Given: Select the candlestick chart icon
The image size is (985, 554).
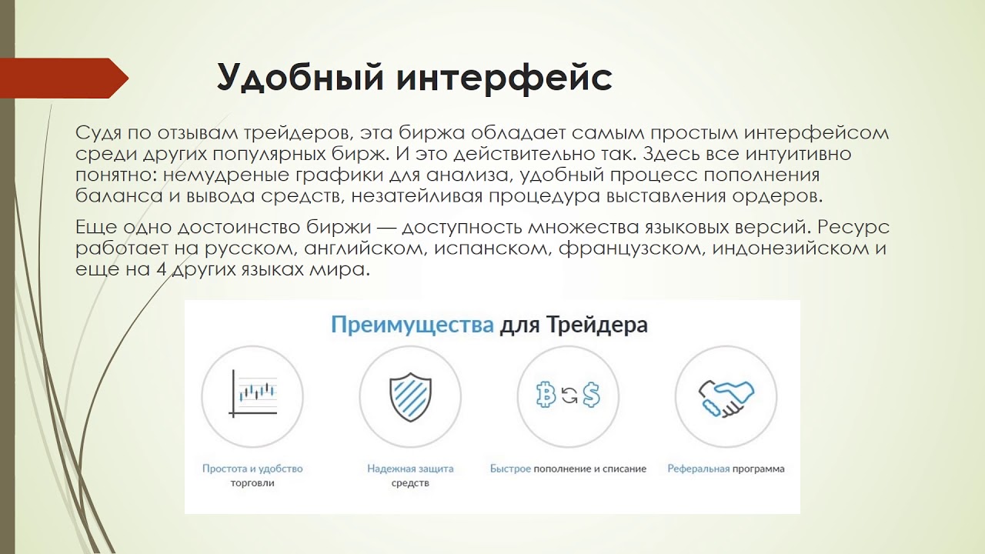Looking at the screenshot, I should click(x=253, y=393).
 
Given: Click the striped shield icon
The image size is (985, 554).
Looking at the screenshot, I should click(x=410, y=396).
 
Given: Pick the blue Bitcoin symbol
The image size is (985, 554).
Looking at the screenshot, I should click(x=546, y=395).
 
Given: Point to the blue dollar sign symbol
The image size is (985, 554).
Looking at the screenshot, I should click(x=590, y=395).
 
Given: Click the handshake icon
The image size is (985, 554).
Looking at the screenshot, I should click(x=726, y=396).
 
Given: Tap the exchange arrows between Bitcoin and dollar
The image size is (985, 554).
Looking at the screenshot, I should click(x=569, y=396).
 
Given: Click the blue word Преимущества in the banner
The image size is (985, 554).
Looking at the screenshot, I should click(x=412, y=324).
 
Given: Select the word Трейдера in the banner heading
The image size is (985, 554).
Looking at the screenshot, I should click(x=597, y=324).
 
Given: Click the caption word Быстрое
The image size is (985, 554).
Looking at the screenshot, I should click(x=510, y=468).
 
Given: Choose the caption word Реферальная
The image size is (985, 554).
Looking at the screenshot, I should click(x=698, y=468).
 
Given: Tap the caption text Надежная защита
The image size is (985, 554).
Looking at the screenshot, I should click(x=410, y=468).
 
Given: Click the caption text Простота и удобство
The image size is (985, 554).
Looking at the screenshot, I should click(x=252, y=468).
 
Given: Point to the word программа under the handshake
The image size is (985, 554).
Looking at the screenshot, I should click(x=759, y=468).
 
